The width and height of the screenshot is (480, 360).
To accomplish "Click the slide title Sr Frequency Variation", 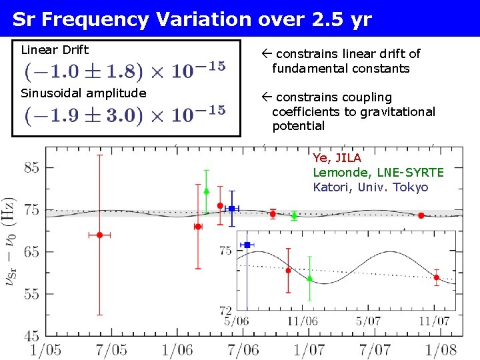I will coord(192,19).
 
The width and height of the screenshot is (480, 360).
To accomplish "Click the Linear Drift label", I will coord(55,49).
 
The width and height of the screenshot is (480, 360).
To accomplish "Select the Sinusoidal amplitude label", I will coord(83,93).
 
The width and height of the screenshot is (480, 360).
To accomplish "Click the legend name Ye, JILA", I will coord(337,158).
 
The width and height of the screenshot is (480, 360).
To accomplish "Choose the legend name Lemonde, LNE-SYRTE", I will coord(378,173).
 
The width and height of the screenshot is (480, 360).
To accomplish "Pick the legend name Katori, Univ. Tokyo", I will coord(371,187).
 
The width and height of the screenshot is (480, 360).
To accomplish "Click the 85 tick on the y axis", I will coord(32,168).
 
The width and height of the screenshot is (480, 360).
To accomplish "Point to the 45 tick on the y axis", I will coord(32,336).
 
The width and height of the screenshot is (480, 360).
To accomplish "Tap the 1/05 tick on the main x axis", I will coord(45,349).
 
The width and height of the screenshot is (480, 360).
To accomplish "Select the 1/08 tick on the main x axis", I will coord(442,349).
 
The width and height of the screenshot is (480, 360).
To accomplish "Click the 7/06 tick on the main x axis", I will coord(243,349).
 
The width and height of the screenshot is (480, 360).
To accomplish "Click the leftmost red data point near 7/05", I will coord(100,235).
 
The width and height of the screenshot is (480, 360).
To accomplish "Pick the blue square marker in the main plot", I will coord(231,209).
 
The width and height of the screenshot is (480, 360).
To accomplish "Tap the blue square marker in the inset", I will coord(247,245).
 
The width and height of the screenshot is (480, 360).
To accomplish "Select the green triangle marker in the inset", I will coord(309,279).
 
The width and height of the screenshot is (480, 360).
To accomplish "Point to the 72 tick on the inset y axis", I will coord(225,311).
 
